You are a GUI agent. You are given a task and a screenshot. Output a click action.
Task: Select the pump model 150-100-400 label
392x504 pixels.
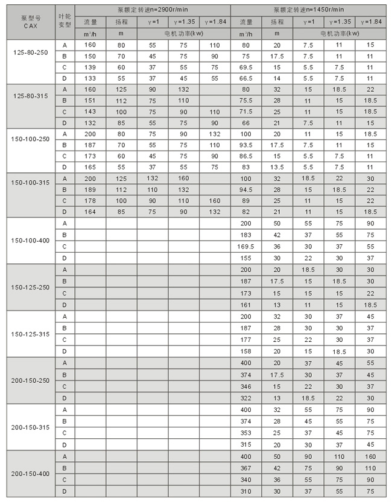point(31,240)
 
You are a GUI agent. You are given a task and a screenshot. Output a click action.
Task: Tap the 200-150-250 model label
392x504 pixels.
point(31,380)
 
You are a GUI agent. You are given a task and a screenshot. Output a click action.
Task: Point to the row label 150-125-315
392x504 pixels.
point(31,333)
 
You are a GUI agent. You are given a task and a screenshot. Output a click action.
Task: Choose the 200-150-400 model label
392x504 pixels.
point(31,474)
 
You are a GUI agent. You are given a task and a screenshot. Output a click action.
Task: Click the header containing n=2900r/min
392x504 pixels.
point(153,10)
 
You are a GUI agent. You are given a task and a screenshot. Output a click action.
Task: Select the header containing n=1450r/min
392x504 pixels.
point(309,10)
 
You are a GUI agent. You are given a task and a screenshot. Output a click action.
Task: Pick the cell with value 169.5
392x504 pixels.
point(246,246)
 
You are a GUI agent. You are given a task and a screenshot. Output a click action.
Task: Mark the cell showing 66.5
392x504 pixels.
point(246,78)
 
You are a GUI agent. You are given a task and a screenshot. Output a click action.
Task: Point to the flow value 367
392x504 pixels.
point(246,468)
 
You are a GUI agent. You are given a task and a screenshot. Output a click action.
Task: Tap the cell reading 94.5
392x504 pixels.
point(246,189)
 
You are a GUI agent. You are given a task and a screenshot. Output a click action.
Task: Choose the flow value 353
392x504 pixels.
point(246,433)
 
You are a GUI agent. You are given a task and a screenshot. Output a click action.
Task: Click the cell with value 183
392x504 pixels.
point(246,234)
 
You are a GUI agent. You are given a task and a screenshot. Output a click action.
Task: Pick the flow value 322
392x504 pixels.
point(246,398)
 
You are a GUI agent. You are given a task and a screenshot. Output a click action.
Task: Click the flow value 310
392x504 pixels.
point(246,491)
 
